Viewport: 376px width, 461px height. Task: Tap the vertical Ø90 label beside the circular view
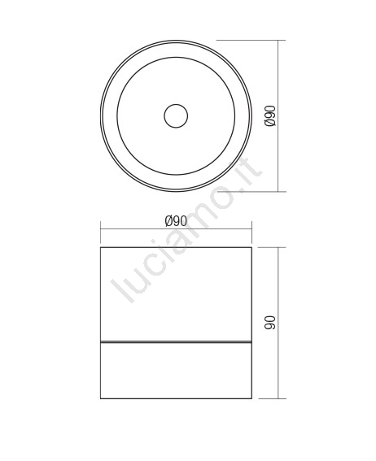point(270,115)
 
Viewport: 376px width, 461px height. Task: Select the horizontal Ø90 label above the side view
point(176,221)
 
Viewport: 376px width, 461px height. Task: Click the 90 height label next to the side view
point(270,323)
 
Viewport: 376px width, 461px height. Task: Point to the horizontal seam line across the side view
point(176,342)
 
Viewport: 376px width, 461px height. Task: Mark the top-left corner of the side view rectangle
point(101,247)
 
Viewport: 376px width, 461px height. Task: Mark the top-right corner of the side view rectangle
point(251,247)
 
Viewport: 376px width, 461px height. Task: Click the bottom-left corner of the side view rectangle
point(101,398)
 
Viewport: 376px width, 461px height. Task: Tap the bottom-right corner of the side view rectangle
point(251,398)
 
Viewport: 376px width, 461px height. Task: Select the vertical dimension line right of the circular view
point(278,115)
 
